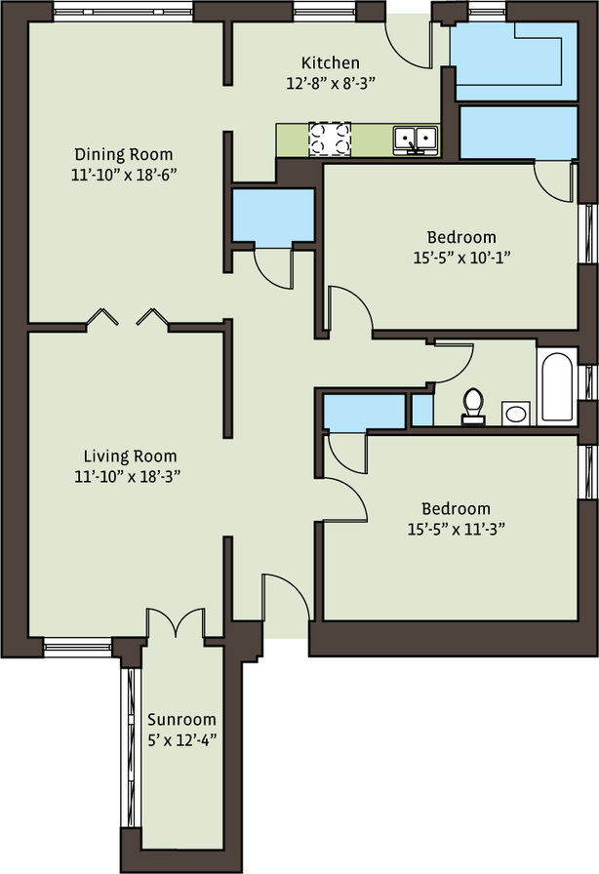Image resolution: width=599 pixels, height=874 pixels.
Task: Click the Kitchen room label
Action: pyautogui.click(x=330, y=62)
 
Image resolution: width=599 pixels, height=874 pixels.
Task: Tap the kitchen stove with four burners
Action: pyautogui.click(x=330, y=139)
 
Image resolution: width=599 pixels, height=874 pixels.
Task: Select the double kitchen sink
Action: pyautogui.click(x=416, y=139)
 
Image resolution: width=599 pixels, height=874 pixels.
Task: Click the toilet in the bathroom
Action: pyautogui.click(x=473, y=407)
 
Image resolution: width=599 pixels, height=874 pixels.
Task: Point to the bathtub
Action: pyautogui.click(x=557, y=385)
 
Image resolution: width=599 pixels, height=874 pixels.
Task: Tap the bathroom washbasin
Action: pyautogui.click(x=516, y=413)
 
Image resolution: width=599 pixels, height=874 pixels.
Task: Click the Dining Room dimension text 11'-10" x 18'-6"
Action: pyautogui.click(x=124, y=175)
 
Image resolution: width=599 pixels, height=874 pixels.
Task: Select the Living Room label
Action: pyautogui.click(x=130, y=456)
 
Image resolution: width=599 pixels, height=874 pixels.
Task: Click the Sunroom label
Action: pyautogui.click(x=181, y=719)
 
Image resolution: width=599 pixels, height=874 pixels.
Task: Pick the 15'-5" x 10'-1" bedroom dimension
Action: pyautogui.click(x=461, y=258)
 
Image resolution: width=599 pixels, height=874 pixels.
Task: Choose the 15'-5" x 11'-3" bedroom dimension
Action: pyautogui.click(x=457, y=529)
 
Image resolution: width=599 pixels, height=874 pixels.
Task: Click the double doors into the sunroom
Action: pyautogui.click(x=177, y=622)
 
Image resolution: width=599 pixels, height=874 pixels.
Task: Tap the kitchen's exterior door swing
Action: pyautogui.click(x=410, y=46)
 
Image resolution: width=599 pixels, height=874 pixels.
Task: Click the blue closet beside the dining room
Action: pyautogui.click(x=273, y=217)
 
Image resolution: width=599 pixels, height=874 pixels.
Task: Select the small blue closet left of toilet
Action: pyautogui.click(x=422, y=410)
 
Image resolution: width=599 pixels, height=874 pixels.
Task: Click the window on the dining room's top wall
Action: pyautogui.click(x=123, y=11)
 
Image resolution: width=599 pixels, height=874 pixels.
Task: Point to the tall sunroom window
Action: pyautogui.click(x=131, y=747)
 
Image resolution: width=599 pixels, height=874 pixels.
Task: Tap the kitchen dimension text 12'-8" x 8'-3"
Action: pyautogui.click(x=331, y=83)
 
